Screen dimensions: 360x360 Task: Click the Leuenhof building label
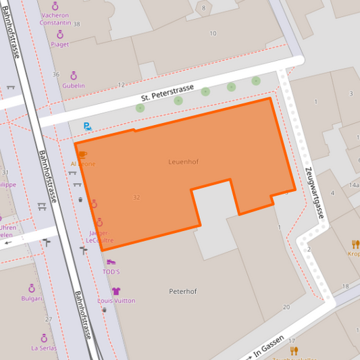[x=183, y=162]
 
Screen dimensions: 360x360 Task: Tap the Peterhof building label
[x=182, y=291]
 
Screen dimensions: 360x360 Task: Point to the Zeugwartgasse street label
[x=315, y=194]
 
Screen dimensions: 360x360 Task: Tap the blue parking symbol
[x=87, y=126]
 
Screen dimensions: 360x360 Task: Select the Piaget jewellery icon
[x=60, y=34]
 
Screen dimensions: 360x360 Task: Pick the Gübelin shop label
[x=74, y=86]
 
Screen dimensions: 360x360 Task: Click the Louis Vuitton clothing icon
[x=116, y=291]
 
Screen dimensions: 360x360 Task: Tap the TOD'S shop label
[x=111, y=272]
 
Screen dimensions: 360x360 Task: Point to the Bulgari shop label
[x=32, y=298]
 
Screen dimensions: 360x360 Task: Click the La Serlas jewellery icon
[x=44, y=337]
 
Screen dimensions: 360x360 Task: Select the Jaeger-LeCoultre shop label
[x=101, y=236]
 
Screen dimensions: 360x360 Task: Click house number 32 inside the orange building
[x=136, y=197]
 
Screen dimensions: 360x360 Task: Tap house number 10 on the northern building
[x=213, y=33]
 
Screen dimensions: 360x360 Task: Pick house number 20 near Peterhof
[x=286, y=307]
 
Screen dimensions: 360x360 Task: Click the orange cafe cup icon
[x=83, y=155]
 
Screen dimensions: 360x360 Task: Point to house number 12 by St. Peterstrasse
[x=121, y=84]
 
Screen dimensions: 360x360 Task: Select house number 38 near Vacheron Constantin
[x=76, y=24]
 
